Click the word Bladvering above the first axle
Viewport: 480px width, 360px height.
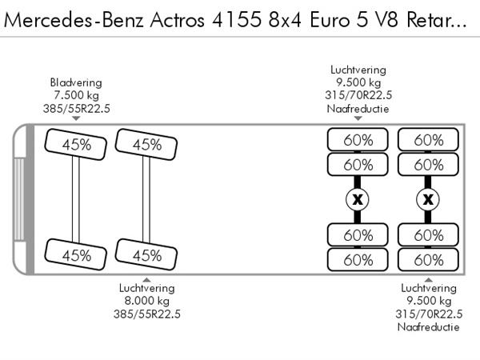[76, 82]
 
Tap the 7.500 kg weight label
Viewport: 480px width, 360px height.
[76, 96]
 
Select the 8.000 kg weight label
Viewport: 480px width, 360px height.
[146, 301]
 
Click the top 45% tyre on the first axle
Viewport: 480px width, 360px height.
[77, 145]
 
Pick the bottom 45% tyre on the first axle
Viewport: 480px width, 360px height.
[77, 255]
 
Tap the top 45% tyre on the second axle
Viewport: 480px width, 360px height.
[147, 145]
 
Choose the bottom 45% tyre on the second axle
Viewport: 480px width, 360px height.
[147, 255]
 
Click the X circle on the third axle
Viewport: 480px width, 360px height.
[358, 199]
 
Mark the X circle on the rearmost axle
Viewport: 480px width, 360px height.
[429, 199]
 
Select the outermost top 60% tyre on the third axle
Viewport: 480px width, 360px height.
[358, 139]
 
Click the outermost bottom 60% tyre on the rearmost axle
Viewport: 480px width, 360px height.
[429, 260]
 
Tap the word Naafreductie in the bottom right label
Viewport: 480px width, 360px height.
[429, 327]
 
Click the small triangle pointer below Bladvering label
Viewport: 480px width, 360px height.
[76, 118]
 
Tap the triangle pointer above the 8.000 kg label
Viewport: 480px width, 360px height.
[146, 278]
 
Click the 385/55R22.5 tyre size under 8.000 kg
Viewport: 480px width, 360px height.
[146, 314]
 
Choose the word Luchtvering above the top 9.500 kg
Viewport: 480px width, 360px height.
[358, 70]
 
